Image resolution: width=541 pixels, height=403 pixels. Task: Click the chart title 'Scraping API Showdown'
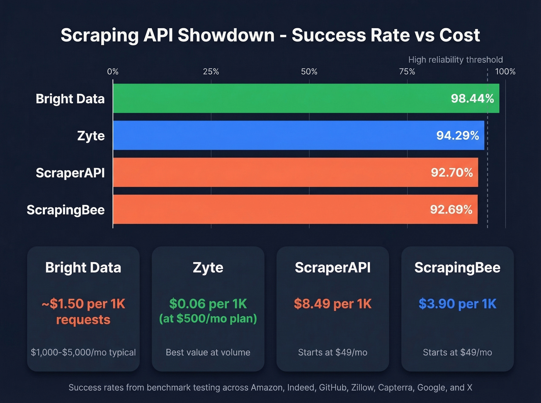(x=167, y=35)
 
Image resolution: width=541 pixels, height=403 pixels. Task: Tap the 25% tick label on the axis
(x=211, y=72)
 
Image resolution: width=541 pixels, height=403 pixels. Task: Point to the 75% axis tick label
(x=407, y=72)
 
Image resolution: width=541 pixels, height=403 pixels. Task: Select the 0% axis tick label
(x=113, y=72)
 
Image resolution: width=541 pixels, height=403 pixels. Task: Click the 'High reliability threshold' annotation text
(x=455, y=60)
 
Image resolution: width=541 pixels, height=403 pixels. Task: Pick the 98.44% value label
(x=472, y=99)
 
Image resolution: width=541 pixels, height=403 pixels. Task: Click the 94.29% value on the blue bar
(x=458, y=136)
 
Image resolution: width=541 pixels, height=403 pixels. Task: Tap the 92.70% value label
(x=452, y=173)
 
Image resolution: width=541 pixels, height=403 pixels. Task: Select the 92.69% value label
(x=451, y=210)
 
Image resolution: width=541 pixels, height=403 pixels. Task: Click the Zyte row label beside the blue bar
(x=91, y=136)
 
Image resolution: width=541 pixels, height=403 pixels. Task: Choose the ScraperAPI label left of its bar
(x=70, y=173)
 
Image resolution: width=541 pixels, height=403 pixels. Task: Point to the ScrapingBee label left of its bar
(x=66, y=210)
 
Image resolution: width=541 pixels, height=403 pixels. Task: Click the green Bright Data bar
(x=270, y=99)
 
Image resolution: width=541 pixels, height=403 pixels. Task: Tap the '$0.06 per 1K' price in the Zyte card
(x=208, y=304)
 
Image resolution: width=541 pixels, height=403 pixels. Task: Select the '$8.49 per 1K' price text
(x=333, y=304)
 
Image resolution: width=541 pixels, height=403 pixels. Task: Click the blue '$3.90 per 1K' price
(x=458, y=304)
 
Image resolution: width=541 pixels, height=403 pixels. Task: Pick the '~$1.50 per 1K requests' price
(x=83, y=312)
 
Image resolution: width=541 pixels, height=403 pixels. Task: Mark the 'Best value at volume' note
(x=208, y=352)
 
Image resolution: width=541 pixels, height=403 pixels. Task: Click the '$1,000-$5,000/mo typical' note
(x=83, y=352)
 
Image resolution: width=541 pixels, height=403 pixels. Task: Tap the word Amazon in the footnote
(x=267, y=388)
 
